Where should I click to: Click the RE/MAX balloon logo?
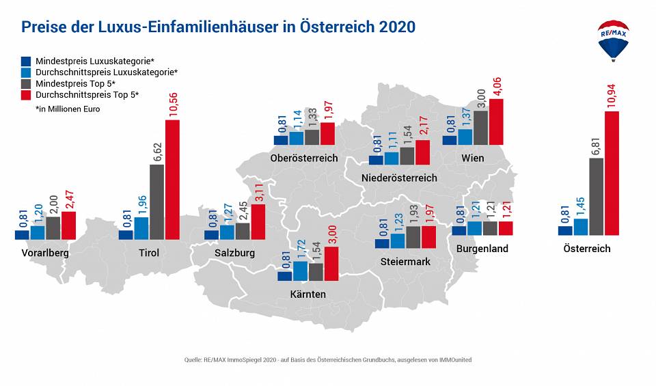point(613,40)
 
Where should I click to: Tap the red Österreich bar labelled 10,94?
point(612,173)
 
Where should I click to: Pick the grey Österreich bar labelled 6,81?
point(596,197)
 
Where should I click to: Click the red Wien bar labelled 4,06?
point(496,122)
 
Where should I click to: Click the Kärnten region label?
point(307,294)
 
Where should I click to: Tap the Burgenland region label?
point(482,249)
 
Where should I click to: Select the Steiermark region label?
point(405,262)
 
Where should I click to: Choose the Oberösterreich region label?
point(304,158)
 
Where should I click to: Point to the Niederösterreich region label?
point(399,178)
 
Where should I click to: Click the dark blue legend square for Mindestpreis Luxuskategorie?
point(27,61)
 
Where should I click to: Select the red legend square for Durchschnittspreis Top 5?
point(27,94)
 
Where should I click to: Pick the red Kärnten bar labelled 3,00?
point(331,264)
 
